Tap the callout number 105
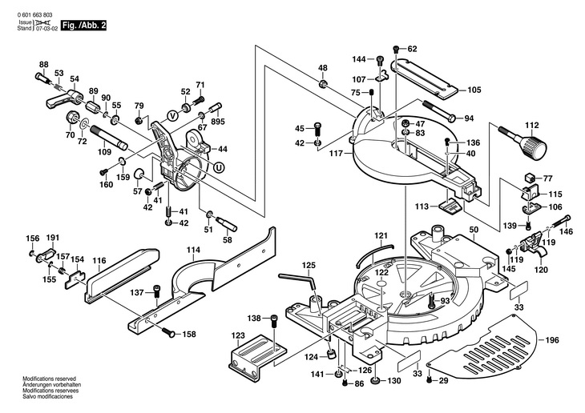click(474, 90)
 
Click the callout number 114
click(193, 251)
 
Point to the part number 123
click(238, 335)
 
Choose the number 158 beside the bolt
click(189, 334)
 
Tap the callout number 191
click(53, 239)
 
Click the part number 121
click(381, 236)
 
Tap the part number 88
click(43, 64)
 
